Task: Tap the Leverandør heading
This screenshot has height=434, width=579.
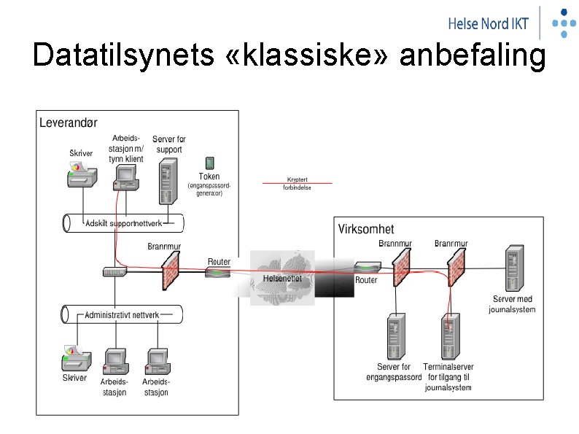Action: pos(68,123)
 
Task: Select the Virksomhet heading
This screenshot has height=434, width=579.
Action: pos(366,229)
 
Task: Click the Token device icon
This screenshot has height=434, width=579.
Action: pos(209,163)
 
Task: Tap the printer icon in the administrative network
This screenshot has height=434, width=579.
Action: pos(77,358)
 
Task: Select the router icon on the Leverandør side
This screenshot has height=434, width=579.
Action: pos(218,272)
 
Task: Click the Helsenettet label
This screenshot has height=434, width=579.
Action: pos(281,279)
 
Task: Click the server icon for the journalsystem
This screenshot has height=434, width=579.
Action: pos(513,269)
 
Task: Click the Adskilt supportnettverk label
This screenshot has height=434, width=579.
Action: pos(123,222)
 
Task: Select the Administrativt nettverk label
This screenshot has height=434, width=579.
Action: pos(122,315)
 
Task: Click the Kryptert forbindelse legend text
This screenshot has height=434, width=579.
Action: pos(297,183)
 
